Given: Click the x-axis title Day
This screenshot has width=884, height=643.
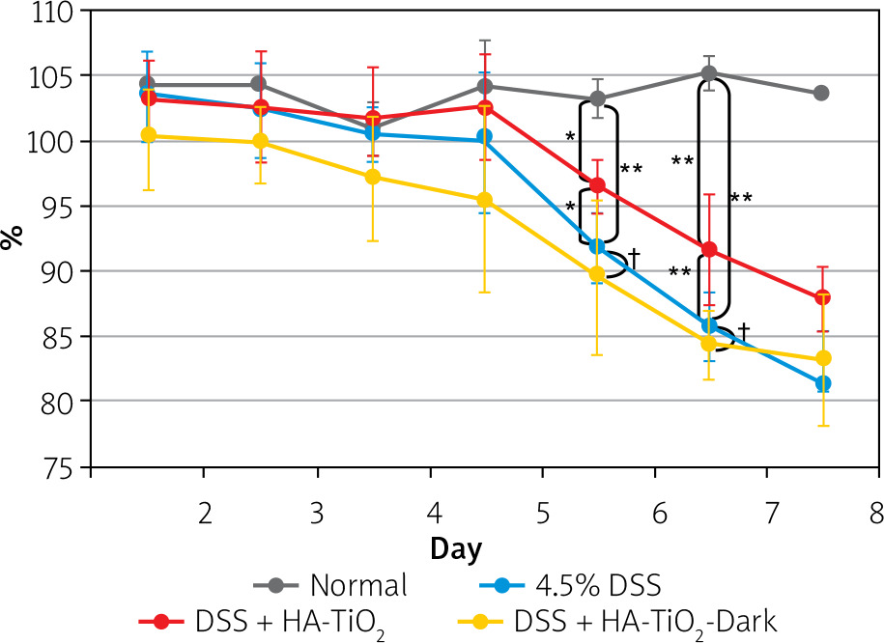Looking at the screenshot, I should pos(455,547).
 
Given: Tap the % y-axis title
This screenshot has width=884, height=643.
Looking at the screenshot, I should pos(14,238).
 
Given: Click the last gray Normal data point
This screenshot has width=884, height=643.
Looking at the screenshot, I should pos(822,93).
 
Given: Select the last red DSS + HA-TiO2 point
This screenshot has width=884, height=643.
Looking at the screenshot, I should pos(822,297).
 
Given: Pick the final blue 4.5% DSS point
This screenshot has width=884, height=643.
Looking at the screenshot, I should pos(822,383).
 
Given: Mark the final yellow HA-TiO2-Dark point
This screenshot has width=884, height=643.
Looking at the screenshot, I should pos(822,358).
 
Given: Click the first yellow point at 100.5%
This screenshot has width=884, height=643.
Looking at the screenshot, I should pos(148,135).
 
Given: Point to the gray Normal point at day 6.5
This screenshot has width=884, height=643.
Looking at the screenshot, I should pos(710,73).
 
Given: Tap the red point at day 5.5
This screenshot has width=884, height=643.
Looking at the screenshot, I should pos(597,185).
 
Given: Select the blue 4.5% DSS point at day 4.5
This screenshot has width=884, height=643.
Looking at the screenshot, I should pos(484,137).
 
